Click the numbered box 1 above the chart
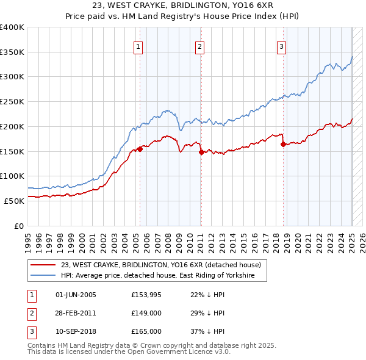[138, 46]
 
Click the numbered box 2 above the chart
[200, 46]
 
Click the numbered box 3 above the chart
[282, 46]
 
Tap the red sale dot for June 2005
[140, 148]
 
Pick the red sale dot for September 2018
[283, 145]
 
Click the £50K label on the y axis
[13, 200]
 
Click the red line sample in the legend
[43, 265]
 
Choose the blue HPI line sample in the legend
[43, 276]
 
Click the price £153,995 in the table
[145, 295]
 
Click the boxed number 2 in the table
[30, 314]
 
